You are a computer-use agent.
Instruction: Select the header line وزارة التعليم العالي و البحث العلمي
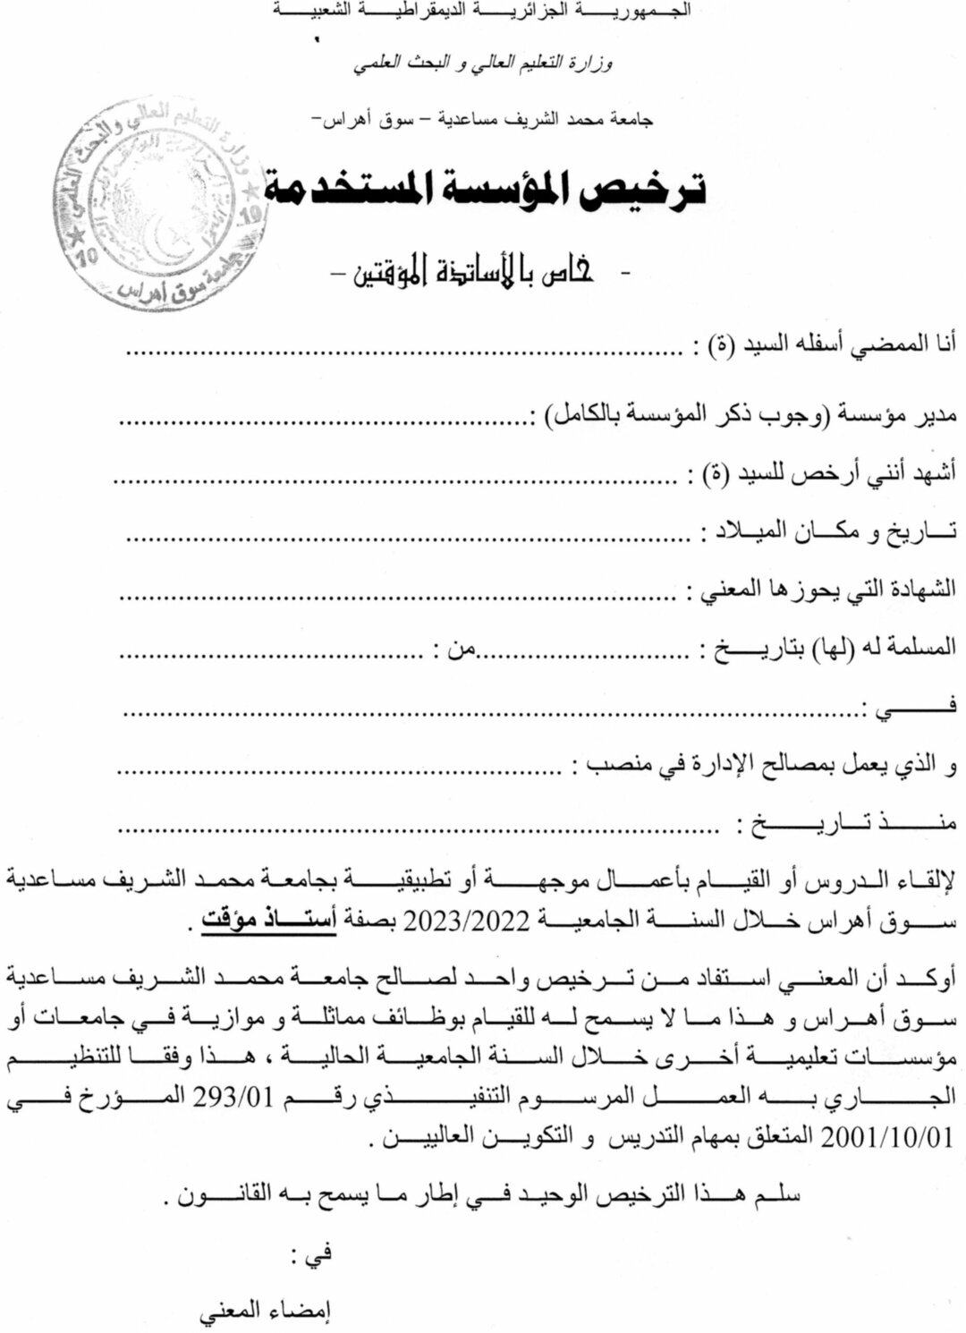[x=483, y=64]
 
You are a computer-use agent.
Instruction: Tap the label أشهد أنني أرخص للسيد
[x=824, y=471]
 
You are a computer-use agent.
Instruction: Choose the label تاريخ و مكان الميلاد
[x=832, y=531]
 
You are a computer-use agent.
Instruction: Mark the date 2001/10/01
[x=886, y=1137]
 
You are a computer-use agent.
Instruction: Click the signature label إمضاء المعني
[x=265, y=1312]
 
